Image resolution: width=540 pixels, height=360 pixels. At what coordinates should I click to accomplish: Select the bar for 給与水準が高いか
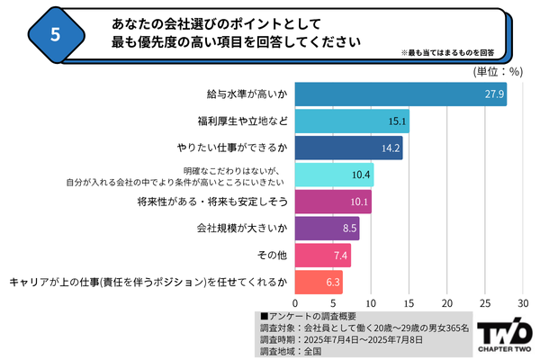point(400,94)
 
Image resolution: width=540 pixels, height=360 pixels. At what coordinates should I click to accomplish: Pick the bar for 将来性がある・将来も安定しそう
point(333,202)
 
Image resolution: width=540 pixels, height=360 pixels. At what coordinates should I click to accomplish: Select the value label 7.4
point(339,256)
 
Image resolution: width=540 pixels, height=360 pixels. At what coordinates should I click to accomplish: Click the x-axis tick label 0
point(295,302)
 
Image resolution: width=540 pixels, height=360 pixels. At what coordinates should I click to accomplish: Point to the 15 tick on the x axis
point(409,302)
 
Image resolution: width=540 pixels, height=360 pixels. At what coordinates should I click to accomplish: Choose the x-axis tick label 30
point(523,302)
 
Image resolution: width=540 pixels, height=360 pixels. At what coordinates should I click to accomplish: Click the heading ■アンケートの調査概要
point(306,316)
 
